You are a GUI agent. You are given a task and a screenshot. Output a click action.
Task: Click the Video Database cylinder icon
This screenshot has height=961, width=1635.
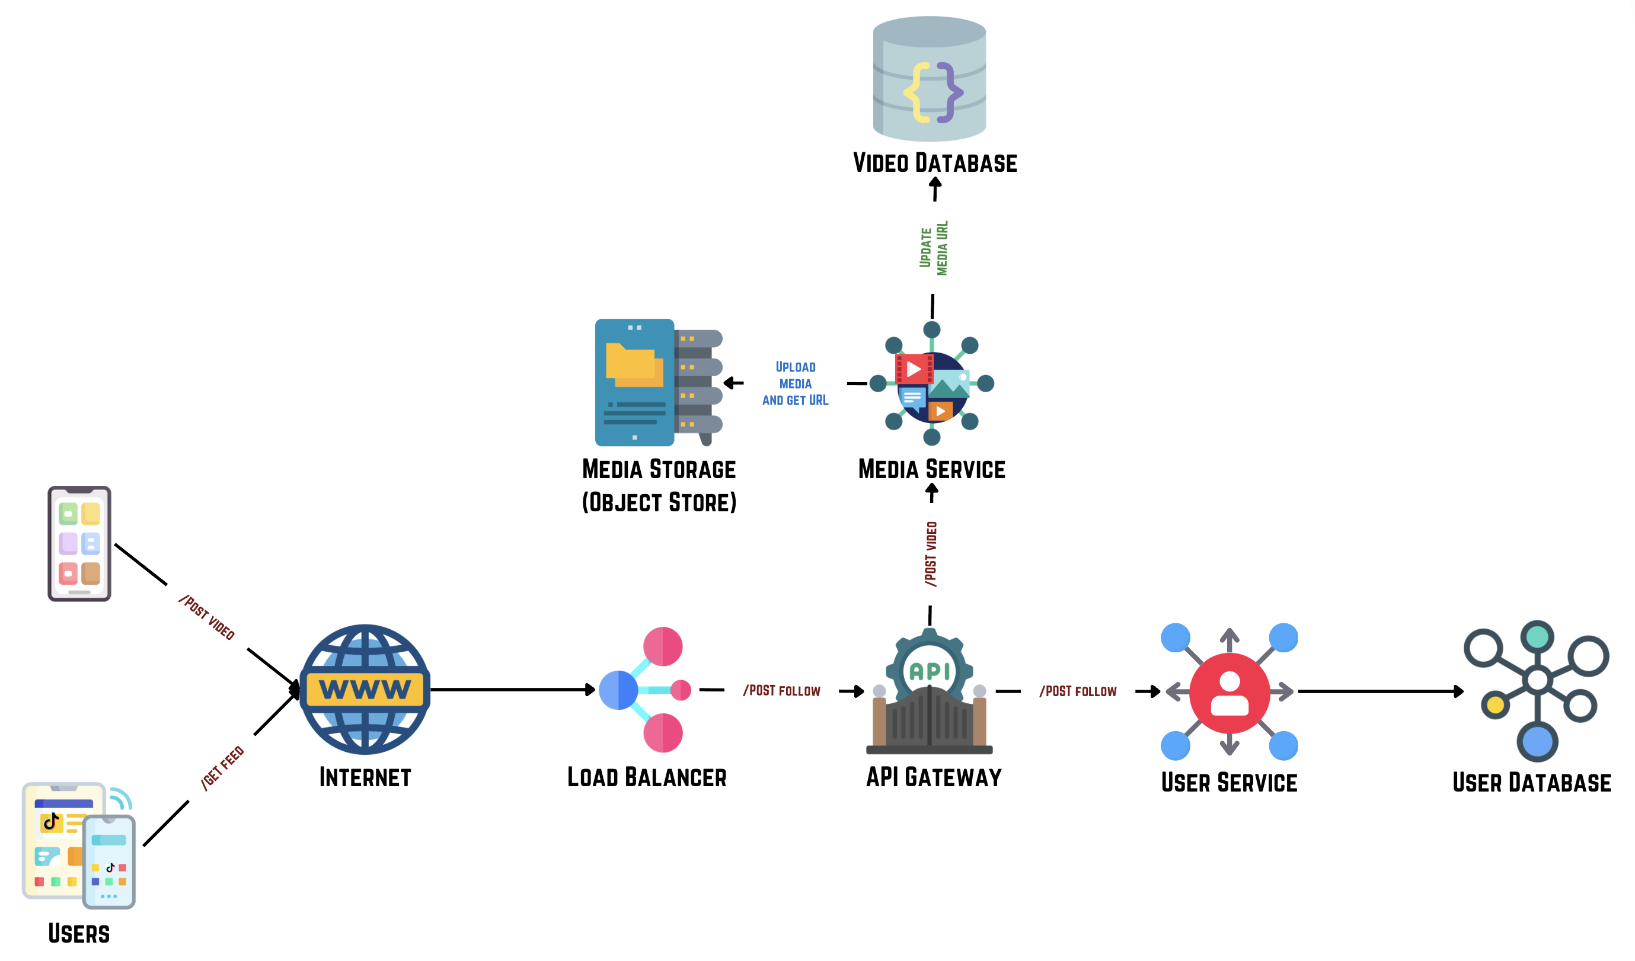point(929,79)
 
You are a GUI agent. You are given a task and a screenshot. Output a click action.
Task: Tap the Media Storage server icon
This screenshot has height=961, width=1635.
point(658,383)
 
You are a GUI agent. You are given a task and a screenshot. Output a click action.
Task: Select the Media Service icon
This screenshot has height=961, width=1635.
point(932,384)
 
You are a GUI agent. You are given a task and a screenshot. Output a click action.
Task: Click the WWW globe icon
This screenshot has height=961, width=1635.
point(365,688)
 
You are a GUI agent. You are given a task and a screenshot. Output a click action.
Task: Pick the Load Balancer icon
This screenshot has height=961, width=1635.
point(646,689)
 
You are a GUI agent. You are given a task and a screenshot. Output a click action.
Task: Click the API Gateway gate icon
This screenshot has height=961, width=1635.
point(929,693)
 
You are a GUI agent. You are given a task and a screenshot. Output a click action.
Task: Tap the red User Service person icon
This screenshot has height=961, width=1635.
point(1229,693)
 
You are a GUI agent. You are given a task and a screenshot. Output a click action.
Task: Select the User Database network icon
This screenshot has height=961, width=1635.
point(1537,691)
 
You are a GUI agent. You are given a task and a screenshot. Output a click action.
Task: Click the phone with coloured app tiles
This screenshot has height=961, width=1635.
point(79,543)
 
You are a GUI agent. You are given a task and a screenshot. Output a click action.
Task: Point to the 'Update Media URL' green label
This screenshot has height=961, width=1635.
point(934,248)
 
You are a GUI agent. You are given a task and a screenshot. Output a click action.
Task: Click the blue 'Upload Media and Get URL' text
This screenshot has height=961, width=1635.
point(796,384)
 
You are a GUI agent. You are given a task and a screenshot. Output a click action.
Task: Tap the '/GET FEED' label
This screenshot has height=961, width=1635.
point(222,768)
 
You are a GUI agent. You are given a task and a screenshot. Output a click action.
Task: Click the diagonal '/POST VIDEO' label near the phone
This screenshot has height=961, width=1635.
point(206,617)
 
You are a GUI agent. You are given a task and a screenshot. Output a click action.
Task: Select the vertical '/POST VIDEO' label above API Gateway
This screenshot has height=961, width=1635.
point(931,555)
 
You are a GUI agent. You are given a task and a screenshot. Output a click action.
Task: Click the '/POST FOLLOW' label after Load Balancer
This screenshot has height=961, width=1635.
point(781,691)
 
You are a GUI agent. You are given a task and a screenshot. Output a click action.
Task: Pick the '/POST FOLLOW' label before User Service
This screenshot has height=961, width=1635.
point(1078,692)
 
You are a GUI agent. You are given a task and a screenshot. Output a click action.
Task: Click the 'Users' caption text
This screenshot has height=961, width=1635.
point(79,934)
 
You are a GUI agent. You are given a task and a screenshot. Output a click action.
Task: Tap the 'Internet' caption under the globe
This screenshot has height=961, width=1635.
point(365,777)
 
